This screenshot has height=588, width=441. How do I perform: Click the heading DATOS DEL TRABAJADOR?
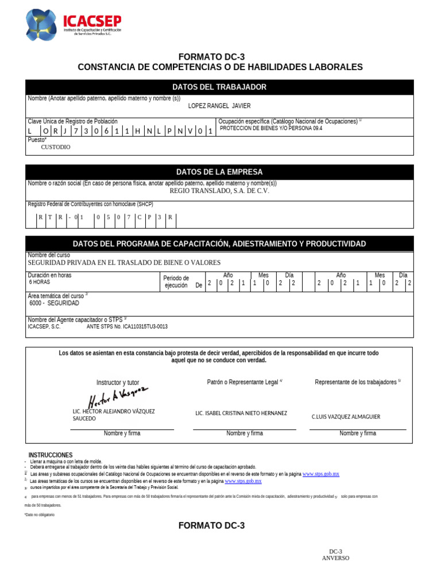(219, 87)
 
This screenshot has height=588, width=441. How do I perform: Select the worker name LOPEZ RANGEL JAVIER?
(219, 106)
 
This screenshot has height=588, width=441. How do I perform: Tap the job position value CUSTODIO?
(56, 147)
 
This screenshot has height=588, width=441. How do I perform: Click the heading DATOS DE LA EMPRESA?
(219, 172)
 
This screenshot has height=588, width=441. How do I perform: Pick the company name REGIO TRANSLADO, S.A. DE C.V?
(219, 191)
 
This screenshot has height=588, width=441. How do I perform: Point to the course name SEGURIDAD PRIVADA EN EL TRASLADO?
(124, 262)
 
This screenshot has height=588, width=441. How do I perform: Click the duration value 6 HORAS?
(40, 283)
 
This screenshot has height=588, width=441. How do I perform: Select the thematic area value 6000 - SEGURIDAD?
(54, 303)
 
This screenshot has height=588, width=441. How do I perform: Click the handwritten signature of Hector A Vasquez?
(118, 396)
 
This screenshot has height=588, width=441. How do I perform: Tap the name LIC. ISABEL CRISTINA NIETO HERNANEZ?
(241, 413)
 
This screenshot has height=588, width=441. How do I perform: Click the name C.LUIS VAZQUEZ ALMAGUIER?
(346, 417)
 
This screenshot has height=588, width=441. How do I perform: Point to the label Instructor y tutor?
(118, 382)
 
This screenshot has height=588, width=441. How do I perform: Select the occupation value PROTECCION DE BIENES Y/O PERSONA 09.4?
(271, 129)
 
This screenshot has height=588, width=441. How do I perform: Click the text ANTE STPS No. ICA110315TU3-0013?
(127, 327)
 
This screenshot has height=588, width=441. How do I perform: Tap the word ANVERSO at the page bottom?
(335, 558)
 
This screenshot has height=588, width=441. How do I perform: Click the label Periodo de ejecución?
(176, 281)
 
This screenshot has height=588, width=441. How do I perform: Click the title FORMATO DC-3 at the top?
(219, 56)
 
